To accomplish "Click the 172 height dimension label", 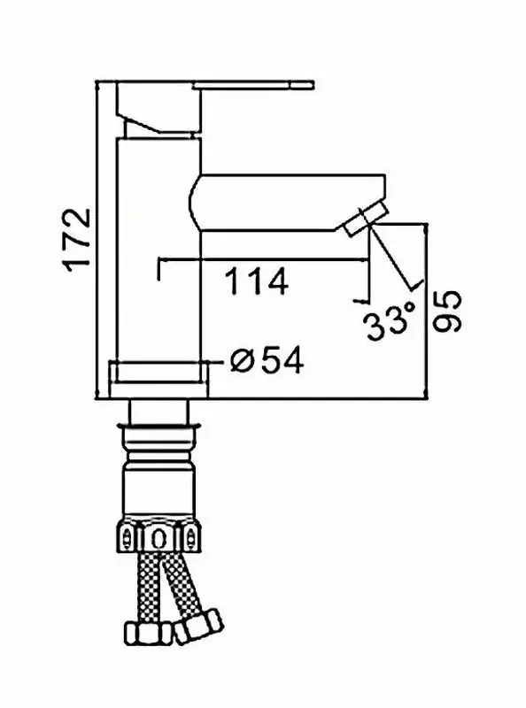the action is point(77,241).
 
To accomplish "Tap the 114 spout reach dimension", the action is point(257,281).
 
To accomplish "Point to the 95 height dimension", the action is point(447,312).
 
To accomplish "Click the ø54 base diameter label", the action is point(267,360).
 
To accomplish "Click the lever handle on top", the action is point(253,85).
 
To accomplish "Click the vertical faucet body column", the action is point(159,250).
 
